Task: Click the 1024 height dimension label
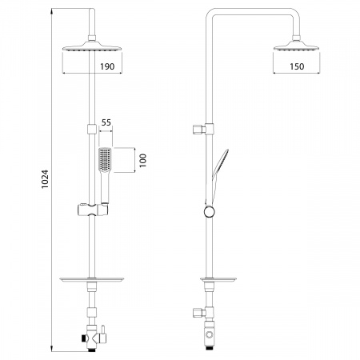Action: [x=45, y=179]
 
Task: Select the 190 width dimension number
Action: [x=107, y=66]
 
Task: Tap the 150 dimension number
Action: [x=297, y=66]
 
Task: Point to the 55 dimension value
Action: [x=106, y=122]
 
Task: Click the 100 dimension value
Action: [x=143, y=160]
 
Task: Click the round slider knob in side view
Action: [x=210, y=212]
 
